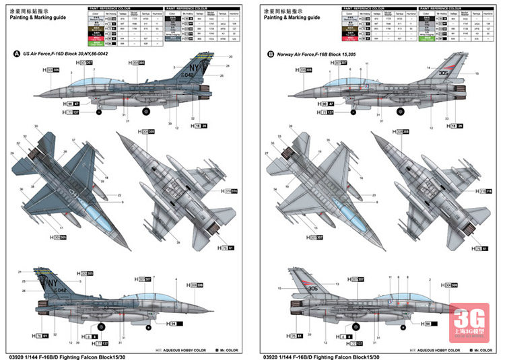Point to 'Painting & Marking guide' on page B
292,18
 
